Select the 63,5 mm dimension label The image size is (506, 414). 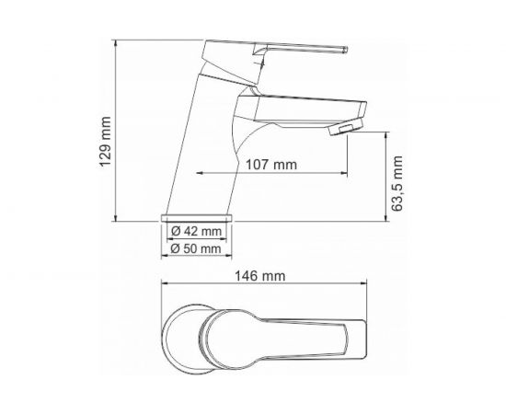click(397, 184)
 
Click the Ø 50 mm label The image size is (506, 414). click(197, 248)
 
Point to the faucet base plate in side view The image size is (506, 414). click(198, 216)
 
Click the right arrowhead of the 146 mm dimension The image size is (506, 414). click(366, 283)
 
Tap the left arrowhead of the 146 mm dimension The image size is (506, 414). click(164, 283)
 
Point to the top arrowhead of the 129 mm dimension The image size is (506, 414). click(114, 41)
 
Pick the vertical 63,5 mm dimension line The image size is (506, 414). click(384, 175)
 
